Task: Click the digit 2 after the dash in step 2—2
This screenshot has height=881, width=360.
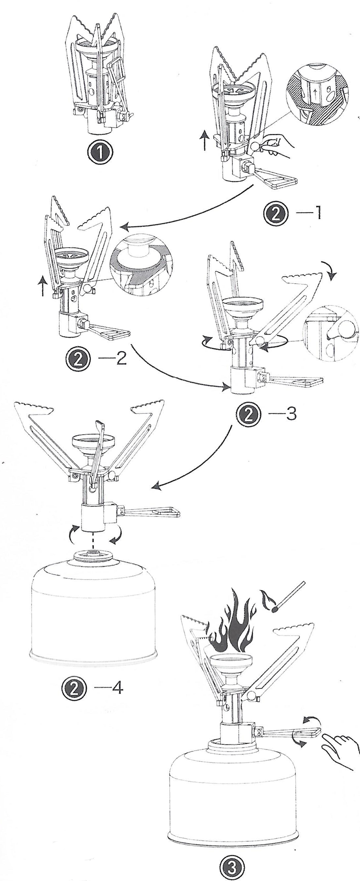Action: tap(121, 359)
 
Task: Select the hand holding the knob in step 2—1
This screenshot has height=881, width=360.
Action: tap(278, 144)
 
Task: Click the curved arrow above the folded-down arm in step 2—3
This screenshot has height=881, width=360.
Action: tap(331, 270)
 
